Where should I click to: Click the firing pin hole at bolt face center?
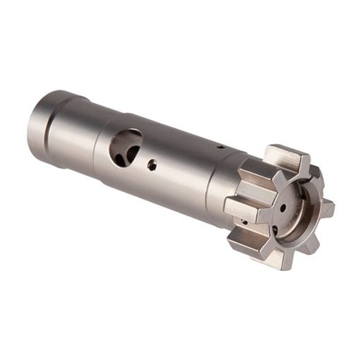pyautogui.click(x=282, y=209)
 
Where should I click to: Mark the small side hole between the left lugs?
pyautogui.click(x=240, y=221)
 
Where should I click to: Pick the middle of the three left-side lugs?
pyautogui.click(x=240, y=207)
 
